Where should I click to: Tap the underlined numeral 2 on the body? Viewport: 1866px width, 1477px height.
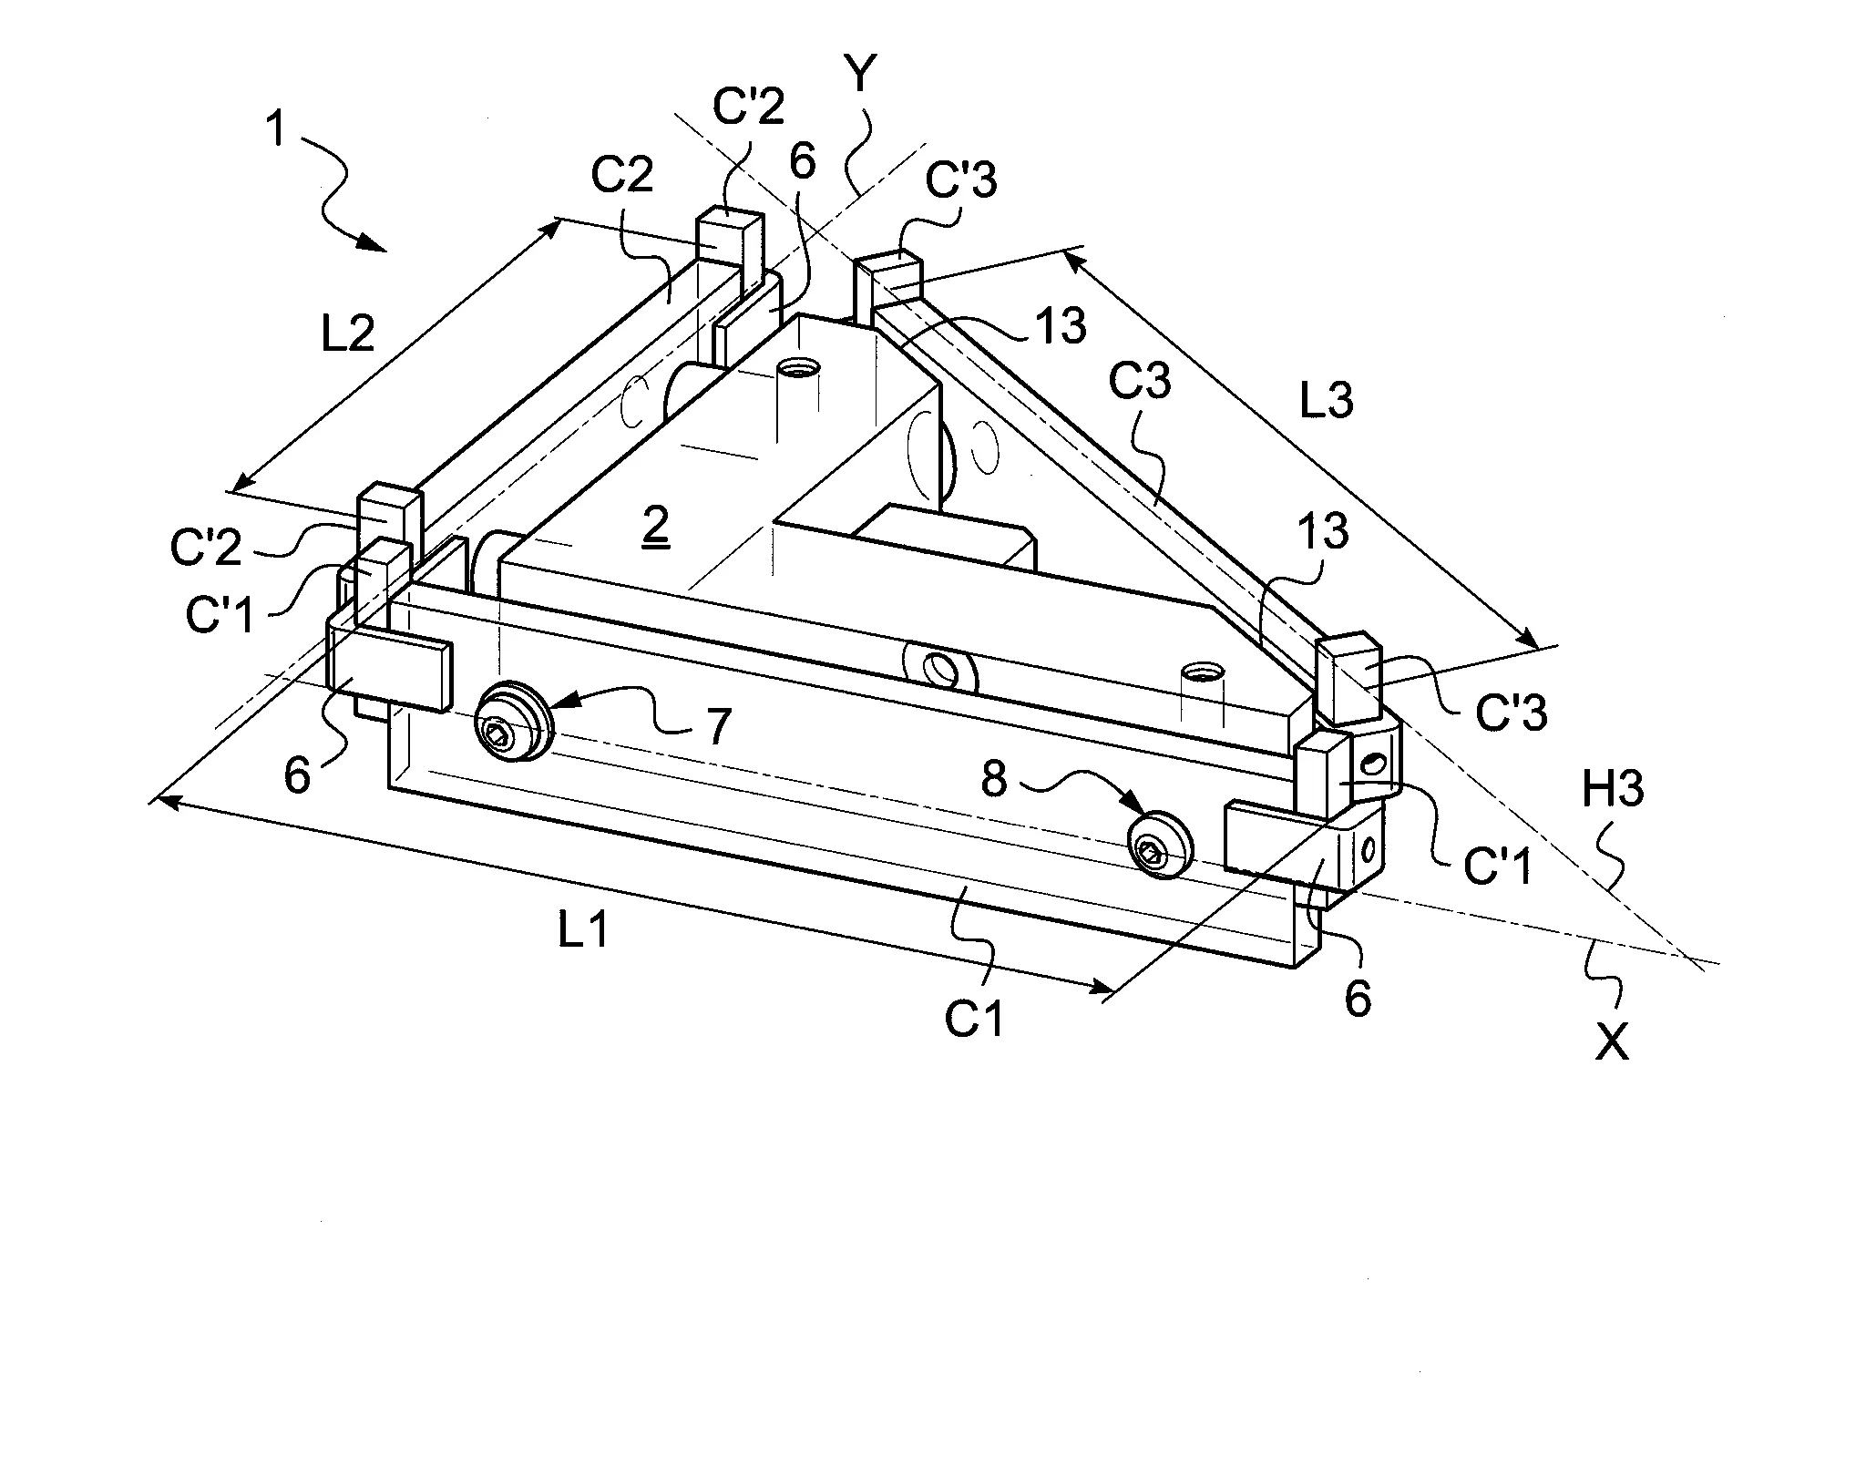[x=656, y=526]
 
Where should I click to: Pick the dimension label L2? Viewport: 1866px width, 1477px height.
[x=347, y=335]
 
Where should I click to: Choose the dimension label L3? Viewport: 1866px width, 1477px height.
[x=1326, y=399]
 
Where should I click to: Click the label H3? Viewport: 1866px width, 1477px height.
[x=1612, y=789]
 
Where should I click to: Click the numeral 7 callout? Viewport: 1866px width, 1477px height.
[x=719, y=726]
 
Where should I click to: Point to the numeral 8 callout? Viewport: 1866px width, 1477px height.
[x=994, y=780]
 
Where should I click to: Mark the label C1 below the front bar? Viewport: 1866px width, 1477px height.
[x=974, y=1021]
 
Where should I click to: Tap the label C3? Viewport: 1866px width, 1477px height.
[x=1139, y=385]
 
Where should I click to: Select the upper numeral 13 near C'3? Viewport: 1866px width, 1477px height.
[x=1061, y=325]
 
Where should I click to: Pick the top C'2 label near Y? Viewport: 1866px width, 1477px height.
[x=747, y=107]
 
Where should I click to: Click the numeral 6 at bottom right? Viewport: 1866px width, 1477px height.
[x=1357, y=1000]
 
